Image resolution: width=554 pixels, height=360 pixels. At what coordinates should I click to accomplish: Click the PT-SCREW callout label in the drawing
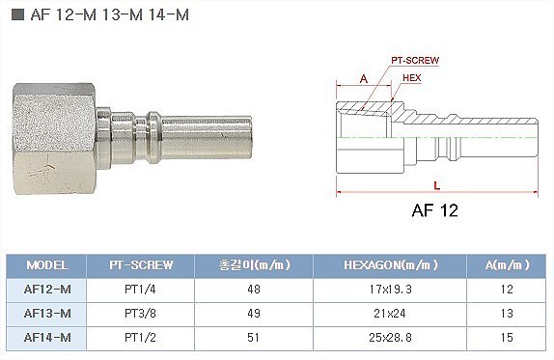click(x=415, y=61)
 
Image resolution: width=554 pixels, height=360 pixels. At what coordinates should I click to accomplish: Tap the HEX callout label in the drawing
click(x=411, y=78)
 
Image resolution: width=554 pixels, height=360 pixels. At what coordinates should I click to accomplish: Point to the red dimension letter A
click(x=364, y=79)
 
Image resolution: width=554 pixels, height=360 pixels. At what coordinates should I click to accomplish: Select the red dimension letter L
click(x=437, y=185)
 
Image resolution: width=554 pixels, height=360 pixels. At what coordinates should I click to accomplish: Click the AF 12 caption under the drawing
click(x=435, y=210)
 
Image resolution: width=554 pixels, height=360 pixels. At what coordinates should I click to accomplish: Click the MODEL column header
click(x=47, y=265)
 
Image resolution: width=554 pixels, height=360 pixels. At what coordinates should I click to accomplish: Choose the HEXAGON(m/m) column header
click(x=391, y=265)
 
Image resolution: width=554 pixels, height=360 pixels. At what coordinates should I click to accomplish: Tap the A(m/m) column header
click(x=507, y=265)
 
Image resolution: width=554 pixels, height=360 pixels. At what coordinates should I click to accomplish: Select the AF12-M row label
click(x=47, y=290)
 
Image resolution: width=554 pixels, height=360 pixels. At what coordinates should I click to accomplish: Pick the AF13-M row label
click(x=47, y=314)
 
